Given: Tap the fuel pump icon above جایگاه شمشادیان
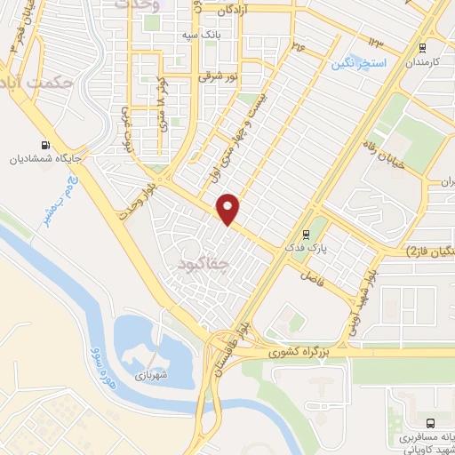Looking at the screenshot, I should (44, 144).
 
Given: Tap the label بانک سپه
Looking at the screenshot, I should (200, 35).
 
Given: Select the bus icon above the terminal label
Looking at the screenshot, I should (430, 424).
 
